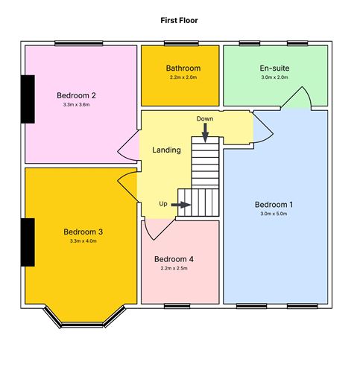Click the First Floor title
coord(179,20)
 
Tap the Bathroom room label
coord(183,68)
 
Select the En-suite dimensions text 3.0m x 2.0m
coord(274,77)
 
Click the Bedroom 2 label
coord(76,95)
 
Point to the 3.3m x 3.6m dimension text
coord(76,104)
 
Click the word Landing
coord(166,150)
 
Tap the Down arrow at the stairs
coord(205,133)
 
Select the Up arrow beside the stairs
coord(181,205)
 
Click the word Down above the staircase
coord(205,118)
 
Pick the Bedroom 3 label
coord(83,232)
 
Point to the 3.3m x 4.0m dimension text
coord(83,241)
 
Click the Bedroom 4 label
coord(174,259)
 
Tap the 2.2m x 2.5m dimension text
coord(174,268)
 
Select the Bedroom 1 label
coord(274,205)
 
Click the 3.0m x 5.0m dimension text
coord(274,214)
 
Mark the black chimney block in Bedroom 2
coord(28,99)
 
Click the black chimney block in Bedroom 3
coord(28,242)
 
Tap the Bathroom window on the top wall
coord(181,43)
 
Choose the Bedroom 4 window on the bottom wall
coord(177,306)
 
